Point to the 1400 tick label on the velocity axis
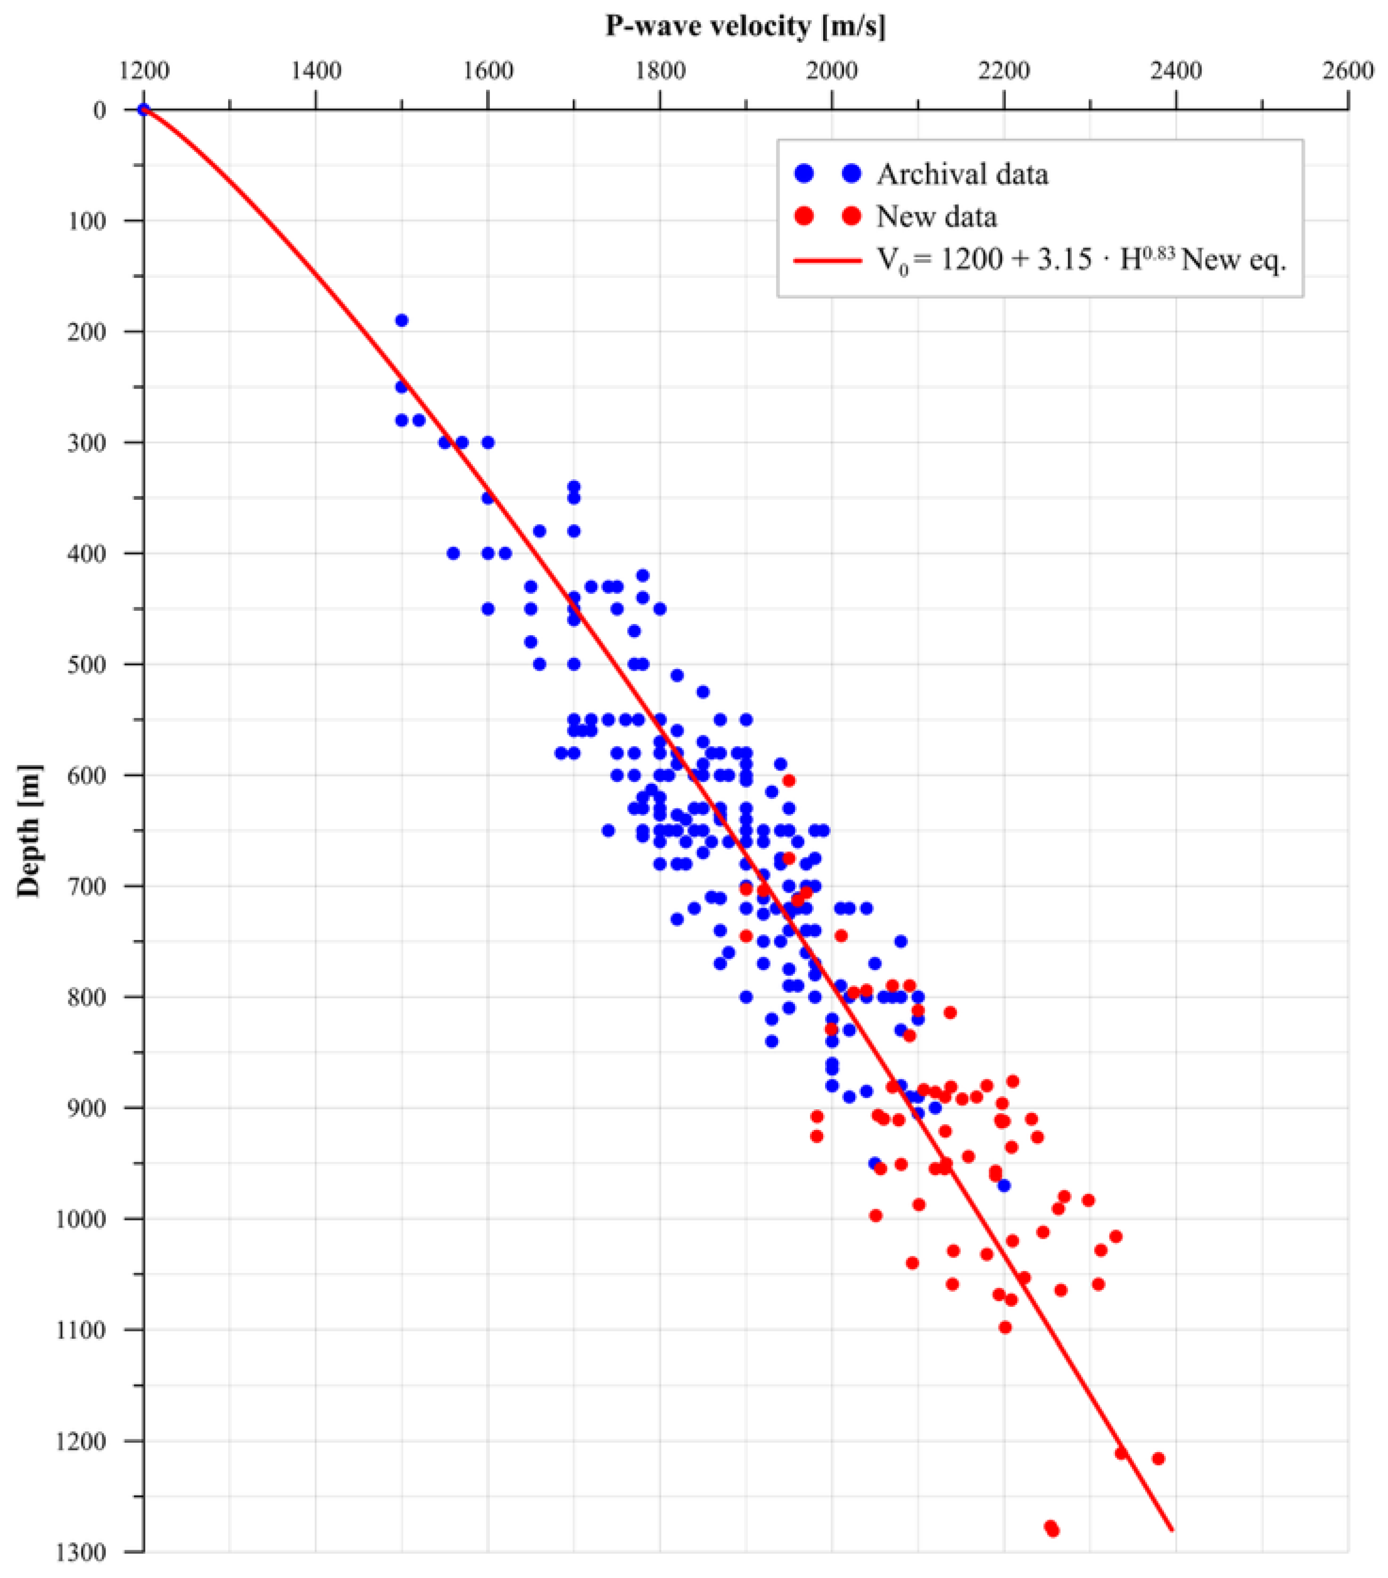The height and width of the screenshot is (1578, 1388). click(x=316, y=71)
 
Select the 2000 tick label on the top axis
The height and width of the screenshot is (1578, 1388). click(x=831, y=71)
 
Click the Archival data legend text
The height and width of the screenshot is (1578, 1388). click(x=962, y=174)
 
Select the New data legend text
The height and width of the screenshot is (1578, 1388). click(x=936, y=217)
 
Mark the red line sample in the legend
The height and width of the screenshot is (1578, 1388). click(x=827, y=260)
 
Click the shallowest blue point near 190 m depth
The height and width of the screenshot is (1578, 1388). click(x=401, y=320)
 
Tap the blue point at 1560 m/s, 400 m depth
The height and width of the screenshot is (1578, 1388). click(x=453, y=554)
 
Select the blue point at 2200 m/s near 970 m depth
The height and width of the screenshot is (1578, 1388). click(x=1004, y=1185)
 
